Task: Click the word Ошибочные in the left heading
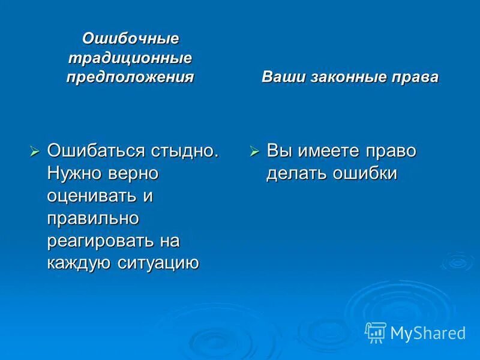pos(130,38)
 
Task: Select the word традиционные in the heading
pos(130,58)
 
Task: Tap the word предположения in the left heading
pos(130,77)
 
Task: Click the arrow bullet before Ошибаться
pos(35,152)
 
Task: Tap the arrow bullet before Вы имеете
pos(254,152)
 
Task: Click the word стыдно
pos(185,151)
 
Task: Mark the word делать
pos(297,173)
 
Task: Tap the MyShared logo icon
pos(376,332)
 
